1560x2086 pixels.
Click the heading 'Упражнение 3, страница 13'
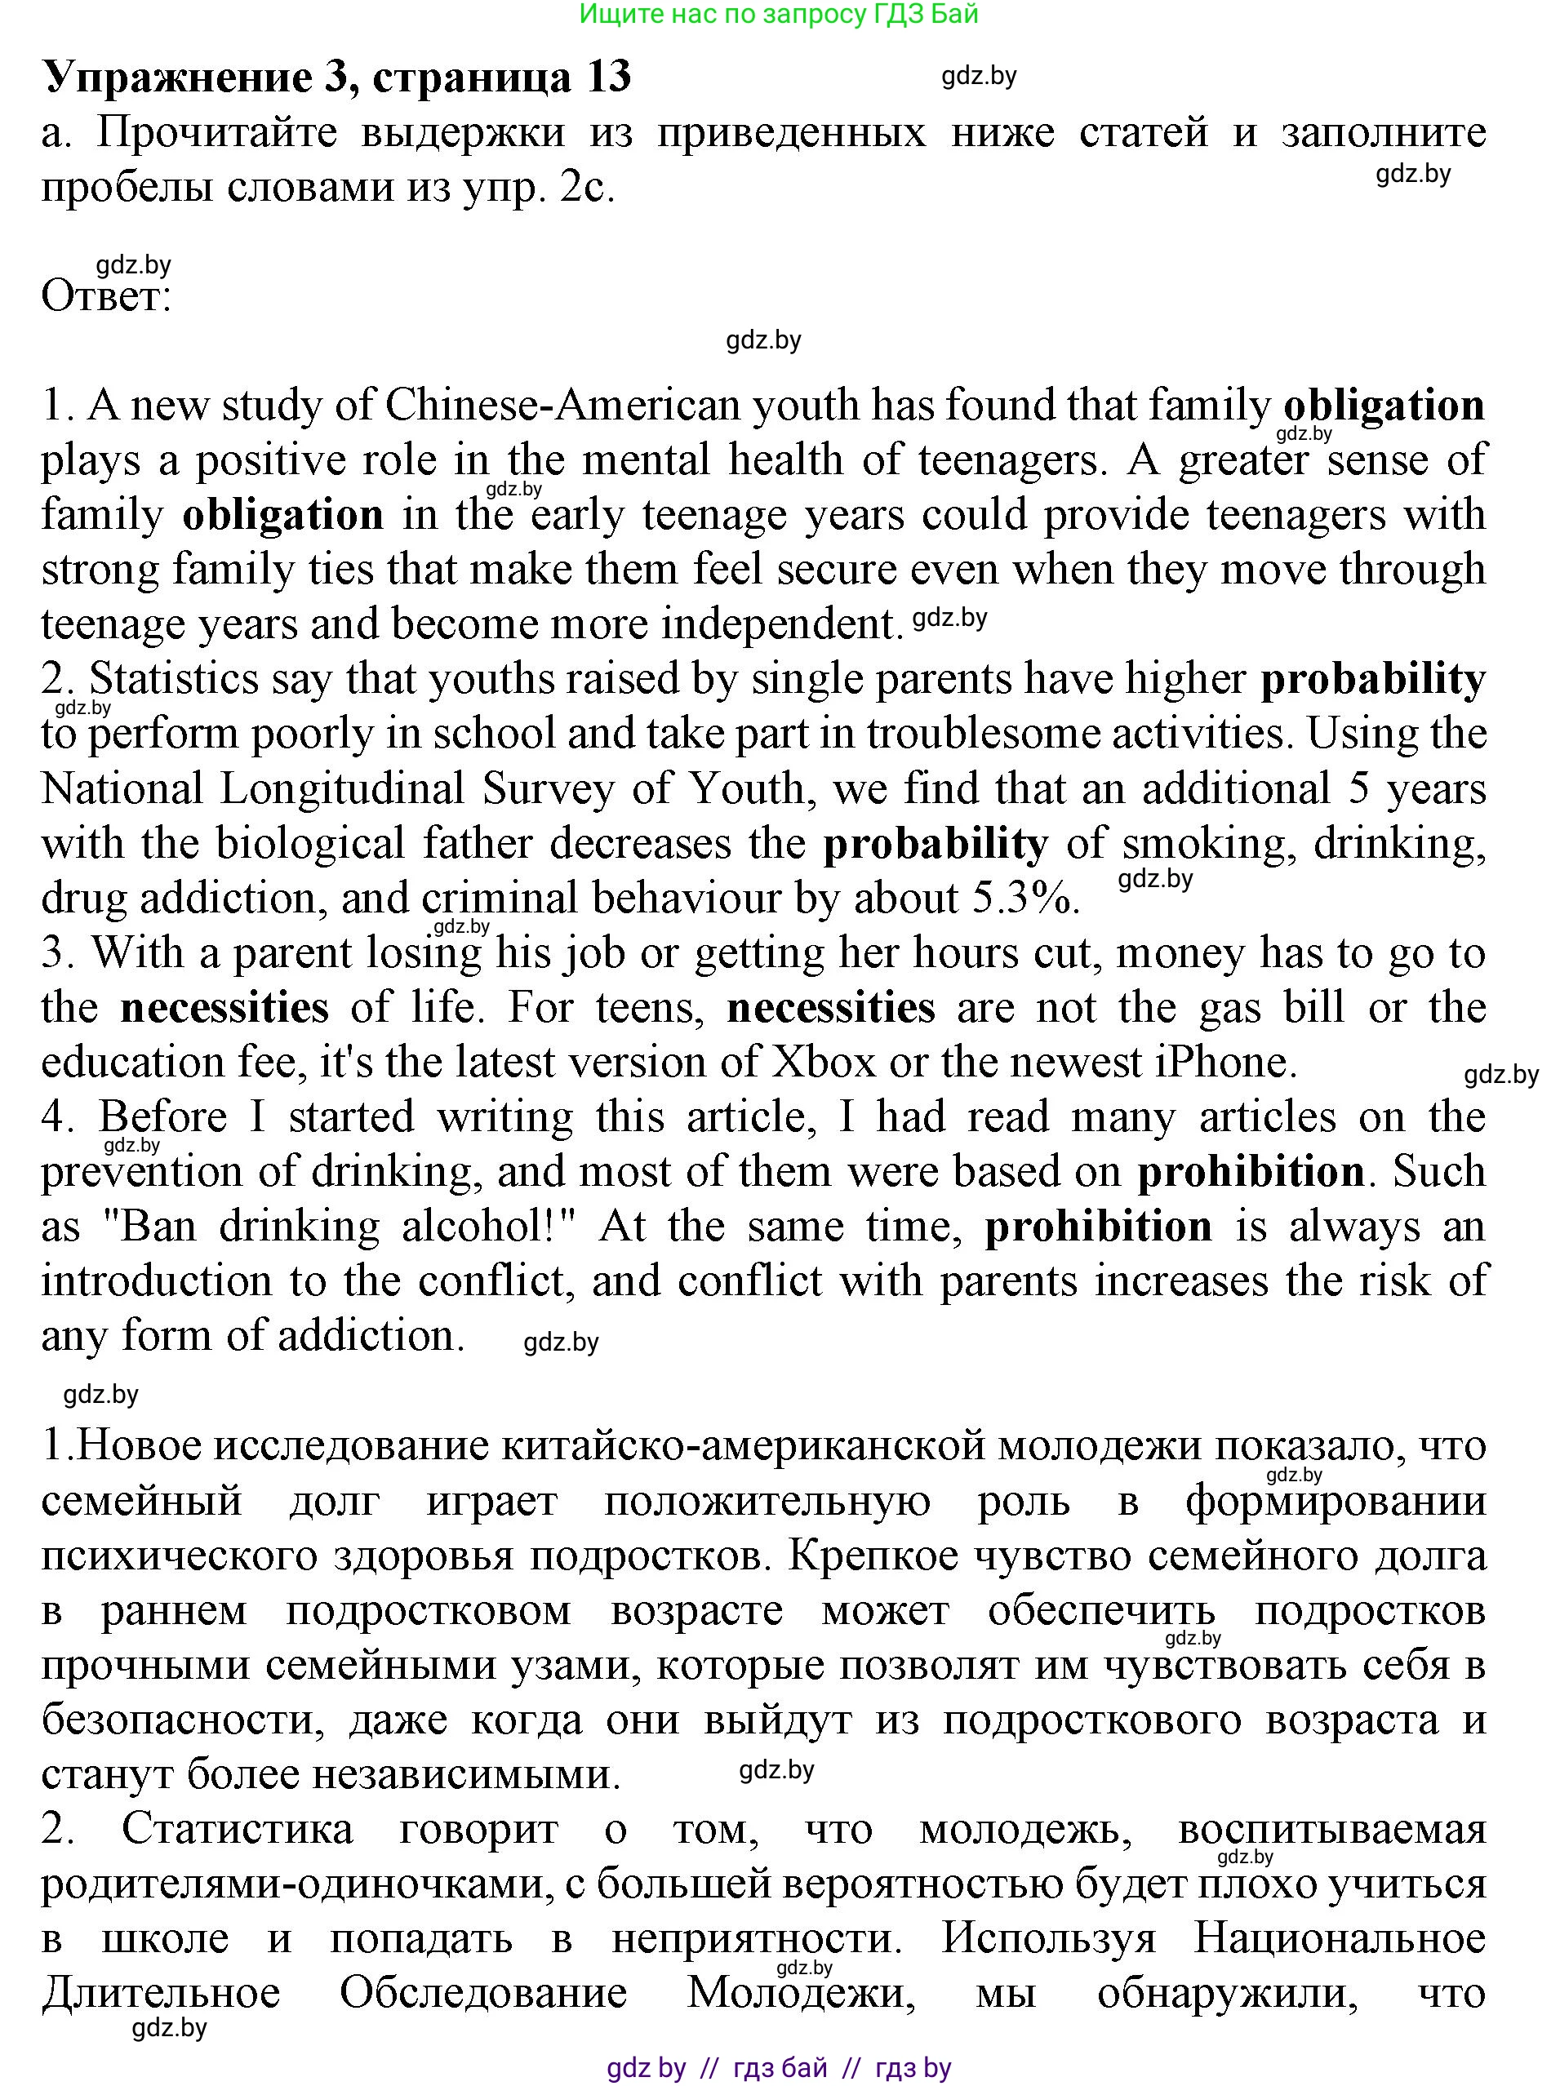pos(336,78)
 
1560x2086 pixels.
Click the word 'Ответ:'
pos(105,296)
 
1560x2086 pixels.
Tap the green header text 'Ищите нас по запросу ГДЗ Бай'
pos(779,14)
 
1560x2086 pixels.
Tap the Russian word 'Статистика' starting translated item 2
pos(237,1830)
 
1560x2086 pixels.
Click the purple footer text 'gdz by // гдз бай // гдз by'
pos(779,2068)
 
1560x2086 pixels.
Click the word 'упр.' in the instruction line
pos(505,188)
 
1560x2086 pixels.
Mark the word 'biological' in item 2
pos(310,844)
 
